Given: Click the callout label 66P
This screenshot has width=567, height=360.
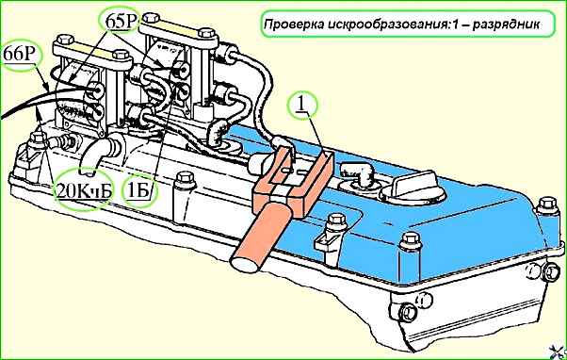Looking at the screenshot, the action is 21,55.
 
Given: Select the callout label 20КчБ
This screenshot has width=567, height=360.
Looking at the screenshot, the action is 83,191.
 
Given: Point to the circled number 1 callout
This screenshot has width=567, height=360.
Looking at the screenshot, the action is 301,106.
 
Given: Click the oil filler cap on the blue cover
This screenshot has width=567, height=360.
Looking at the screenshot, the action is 413,188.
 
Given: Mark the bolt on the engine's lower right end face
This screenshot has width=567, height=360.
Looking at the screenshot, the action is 408,312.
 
